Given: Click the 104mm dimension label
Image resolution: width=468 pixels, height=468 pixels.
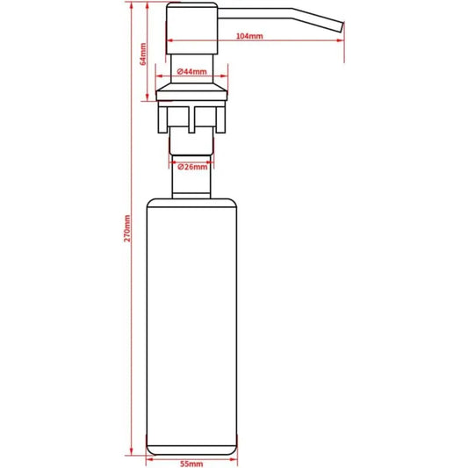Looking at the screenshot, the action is point(249,36).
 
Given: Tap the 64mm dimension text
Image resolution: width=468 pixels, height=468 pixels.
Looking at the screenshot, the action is point(143,54).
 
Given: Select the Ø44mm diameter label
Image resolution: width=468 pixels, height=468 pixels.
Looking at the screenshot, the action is point(192,72).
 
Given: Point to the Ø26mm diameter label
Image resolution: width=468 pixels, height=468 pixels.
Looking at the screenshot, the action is point(192,167).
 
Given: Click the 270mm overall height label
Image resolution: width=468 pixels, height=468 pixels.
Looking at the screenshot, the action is point(127,228).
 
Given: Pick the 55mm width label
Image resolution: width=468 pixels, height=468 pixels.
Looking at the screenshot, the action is point(191,464).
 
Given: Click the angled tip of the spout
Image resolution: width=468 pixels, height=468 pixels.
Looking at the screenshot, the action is point(342,27).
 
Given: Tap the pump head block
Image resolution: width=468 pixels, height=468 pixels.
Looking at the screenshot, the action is point(192,28).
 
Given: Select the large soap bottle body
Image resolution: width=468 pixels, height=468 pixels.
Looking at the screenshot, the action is point(192,327).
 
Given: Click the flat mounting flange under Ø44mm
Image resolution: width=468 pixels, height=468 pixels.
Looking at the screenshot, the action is point(191,96).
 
